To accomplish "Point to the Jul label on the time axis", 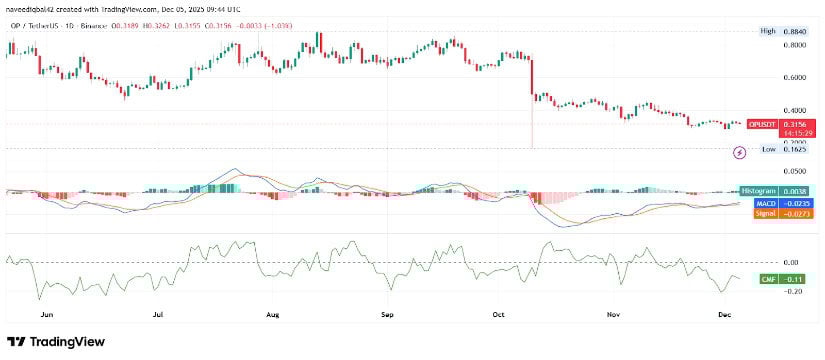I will click(157, 313).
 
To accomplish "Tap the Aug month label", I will click(272, 313).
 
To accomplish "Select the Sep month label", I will click(388, 313).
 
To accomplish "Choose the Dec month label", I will click(726, 313).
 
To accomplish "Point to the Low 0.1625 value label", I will click(778, 149).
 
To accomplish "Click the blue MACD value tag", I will click(766, 202).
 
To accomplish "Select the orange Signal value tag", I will click(766, 213).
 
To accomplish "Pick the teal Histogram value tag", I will click(765, 190).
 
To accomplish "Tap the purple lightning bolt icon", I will click(739, 152).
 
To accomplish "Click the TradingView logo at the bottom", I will click(56, 341).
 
